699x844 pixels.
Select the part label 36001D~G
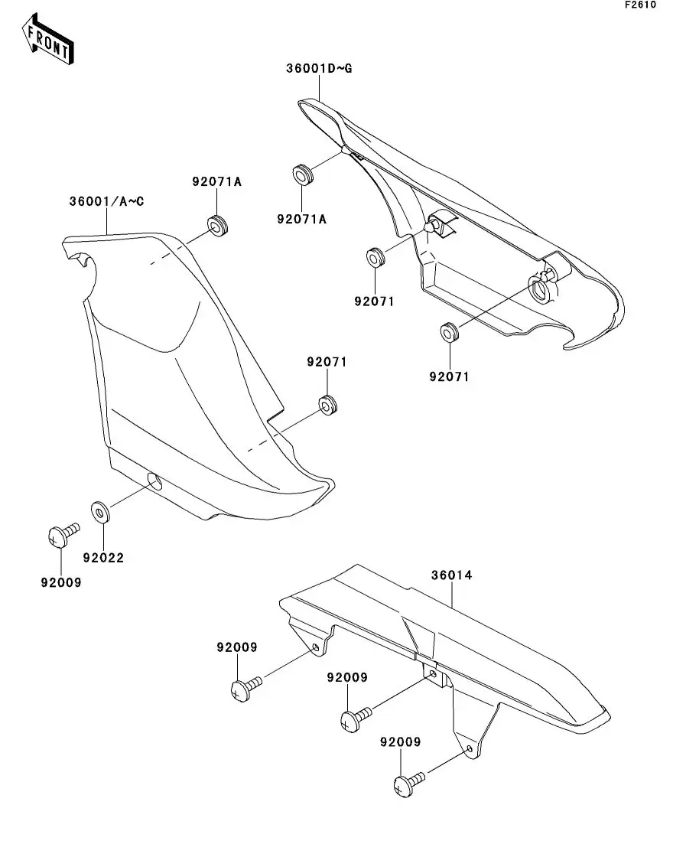(319, 69)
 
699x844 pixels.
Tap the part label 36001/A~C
(106, 202)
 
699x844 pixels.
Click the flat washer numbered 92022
(99, 510)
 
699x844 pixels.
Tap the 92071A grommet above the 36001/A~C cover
(219, 226)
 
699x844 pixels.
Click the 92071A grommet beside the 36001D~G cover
(304, 174)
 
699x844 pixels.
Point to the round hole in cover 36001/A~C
(154, 482)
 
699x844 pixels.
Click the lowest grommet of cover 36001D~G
(448, 334)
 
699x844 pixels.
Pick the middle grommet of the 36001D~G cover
(374, 257)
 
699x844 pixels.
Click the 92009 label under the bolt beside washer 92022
(60, 582)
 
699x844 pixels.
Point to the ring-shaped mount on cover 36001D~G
(541, 289)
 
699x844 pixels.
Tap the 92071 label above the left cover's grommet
(327, 362)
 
